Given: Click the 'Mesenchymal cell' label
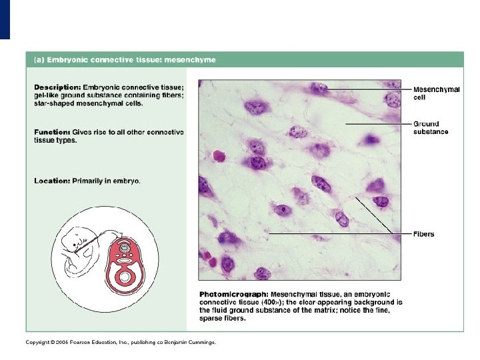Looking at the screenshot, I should [437, 93].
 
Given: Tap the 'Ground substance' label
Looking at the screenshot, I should [431, 127].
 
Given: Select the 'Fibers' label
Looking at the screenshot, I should [424, 234].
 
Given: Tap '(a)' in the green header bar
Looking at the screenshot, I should [39, 59].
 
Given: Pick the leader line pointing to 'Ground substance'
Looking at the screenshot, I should [377, 124].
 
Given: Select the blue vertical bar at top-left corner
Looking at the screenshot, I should [5, 19].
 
